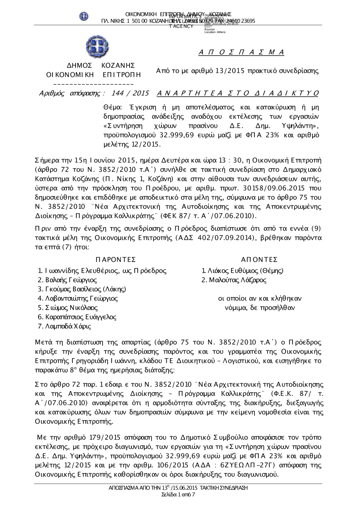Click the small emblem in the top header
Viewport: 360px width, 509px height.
coord(84,16)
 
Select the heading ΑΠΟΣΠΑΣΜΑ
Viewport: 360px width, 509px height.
coord(242,53)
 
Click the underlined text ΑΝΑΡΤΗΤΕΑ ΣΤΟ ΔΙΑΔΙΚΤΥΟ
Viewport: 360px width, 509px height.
coord(238,94)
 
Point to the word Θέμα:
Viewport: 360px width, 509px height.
coord(113,108)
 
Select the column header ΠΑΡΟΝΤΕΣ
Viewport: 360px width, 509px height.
coord(116,260)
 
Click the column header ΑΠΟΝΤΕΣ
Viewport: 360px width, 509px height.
coord(259,260)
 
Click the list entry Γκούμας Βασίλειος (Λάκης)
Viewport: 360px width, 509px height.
coord(85,289)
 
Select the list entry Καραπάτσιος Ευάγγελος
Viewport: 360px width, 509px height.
coord(81,317)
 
